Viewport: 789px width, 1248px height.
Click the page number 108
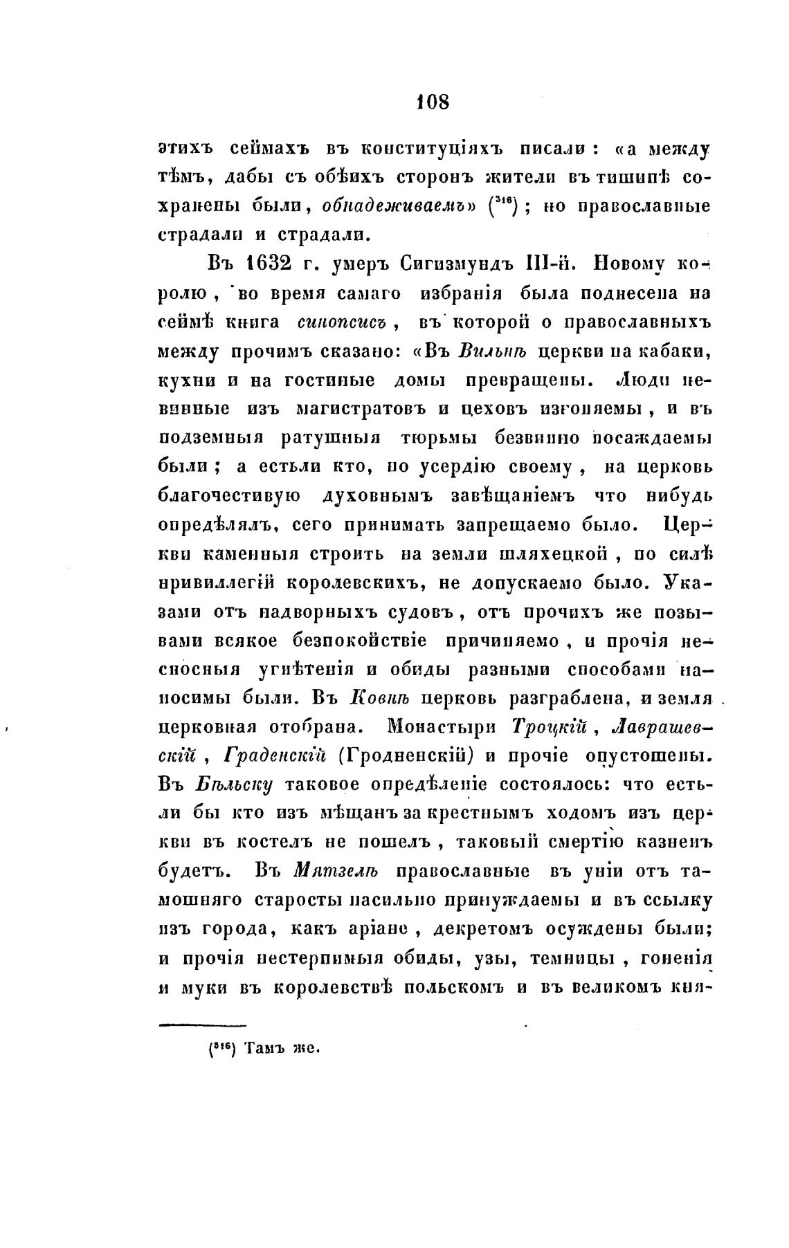click(433, 102)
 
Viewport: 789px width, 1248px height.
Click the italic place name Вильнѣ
click(493, 351)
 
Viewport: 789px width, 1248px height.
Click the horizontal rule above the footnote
click(203, 1025)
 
